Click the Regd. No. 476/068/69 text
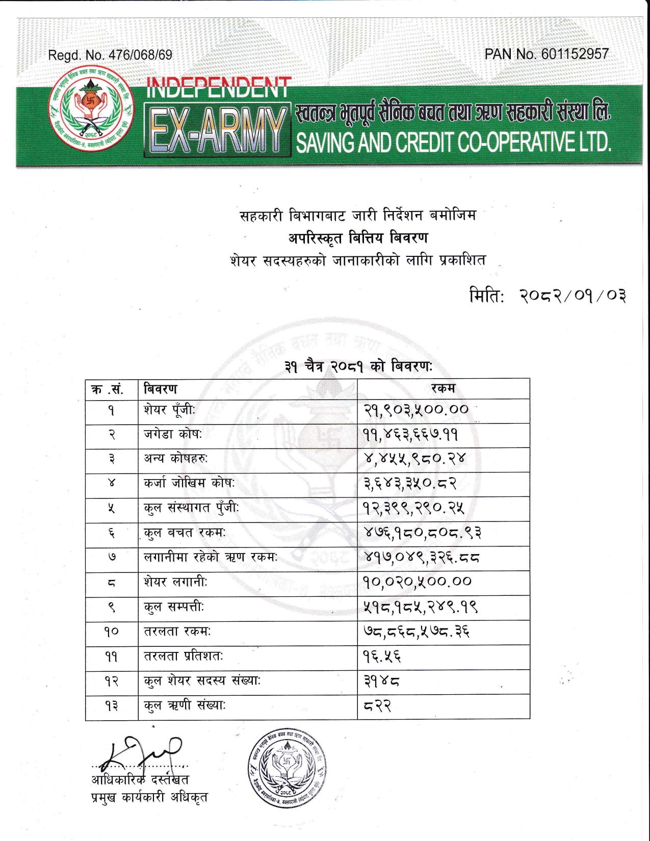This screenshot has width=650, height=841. point(110,55)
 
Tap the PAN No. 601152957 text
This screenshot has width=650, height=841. point(547,54)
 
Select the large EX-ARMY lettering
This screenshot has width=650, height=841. point(216,130)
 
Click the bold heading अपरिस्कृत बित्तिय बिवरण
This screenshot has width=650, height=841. point(358,238)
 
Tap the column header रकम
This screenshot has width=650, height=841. point(443,389)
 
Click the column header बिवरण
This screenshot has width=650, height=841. point(161,389)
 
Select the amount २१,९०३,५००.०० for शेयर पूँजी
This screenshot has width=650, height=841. point(416,409)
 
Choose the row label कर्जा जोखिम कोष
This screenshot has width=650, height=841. point(189,483)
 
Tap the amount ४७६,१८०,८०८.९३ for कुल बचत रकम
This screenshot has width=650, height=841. point(422,533)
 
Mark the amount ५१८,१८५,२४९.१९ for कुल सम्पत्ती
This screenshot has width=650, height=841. point(420,607)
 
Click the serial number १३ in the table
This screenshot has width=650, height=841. point(112,706)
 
